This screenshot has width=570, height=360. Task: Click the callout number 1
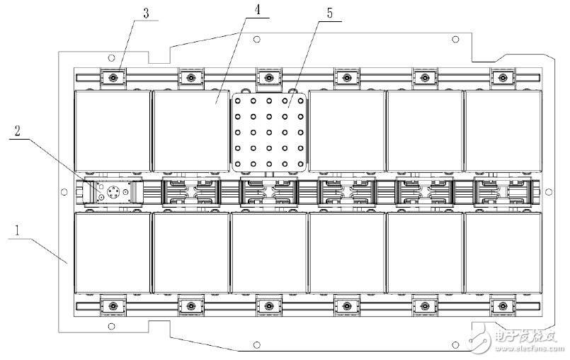click(x=17, y=231)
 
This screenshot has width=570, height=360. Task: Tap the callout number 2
click(x=17, y=130)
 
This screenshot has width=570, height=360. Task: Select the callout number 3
click(x=146, y=13)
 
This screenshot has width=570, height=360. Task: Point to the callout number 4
click(x=257, y=10)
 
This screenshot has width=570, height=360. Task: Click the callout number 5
click(x=330, y=13)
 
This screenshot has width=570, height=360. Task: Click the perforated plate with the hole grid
click(x=269, y=132)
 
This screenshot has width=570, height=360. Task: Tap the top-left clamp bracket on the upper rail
click(x=113, y=77)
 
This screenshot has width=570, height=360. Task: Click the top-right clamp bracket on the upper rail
click(x=503, y=77)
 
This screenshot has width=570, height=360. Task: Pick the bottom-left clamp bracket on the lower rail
click(x=113, y=305)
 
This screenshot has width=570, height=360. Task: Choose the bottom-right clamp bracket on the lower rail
click(x=503, y=305)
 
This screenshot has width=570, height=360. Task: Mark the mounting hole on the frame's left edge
click(x=64, y=192)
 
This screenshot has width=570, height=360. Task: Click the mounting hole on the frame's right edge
click(x=549, y=192)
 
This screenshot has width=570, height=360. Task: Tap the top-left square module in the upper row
click(x=113, y=131)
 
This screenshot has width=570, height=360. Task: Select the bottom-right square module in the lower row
click(x=503, y=252)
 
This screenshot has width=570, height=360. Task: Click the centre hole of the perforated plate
click(x=269, y=133)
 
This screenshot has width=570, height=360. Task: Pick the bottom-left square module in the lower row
click(x=113, y=252)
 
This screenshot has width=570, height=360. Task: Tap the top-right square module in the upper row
click(x=503, y=131)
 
